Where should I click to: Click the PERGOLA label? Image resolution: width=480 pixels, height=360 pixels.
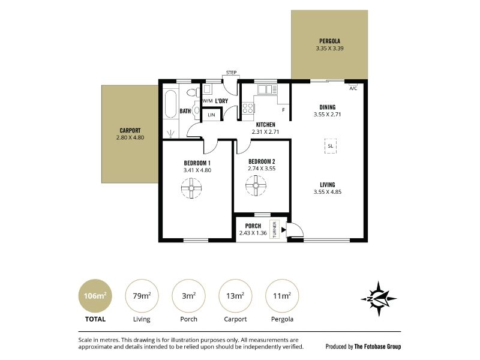tap(329, 41)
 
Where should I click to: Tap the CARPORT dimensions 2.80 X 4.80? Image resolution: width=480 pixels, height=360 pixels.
tap(130, 138)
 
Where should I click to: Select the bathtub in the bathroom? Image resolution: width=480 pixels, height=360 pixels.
tap(170, 103)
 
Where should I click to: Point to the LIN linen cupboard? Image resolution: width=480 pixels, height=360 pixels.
tap(211, 115)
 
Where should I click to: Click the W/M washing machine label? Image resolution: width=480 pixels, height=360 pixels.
tap(207, 101)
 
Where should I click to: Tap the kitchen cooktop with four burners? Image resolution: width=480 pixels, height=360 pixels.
tap(248, 109)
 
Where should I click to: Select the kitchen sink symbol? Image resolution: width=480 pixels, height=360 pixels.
tap(267, 89)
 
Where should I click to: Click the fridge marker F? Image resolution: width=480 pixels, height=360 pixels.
tap(283, 110)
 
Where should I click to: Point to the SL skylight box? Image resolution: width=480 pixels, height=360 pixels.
tap(331, 146)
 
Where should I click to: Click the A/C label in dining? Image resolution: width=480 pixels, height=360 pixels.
tap(353, 88)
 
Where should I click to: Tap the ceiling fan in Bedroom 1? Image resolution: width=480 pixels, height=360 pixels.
tap(191, 188)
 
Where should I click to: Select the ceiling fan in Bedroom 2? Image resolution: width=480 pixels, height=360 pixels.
tap(256, 185)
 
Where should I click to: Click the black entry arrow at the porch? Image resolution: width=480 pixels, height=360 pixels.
tap(283, 230)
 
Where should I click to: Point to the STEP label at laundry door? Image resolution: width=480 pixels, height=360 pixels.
tap(231, 73)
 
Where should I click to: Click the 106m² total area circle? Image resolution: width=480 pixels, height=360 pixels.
tap(95, 296)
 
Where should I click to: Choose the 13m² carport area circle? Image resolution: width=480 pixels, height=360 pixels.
tap(235, 296)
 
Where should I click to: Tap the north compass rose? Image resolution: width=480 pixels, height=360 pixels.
tap(379, 299)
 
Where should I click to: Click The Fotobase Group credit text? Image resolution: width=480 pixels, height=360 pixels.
tap(377, 347)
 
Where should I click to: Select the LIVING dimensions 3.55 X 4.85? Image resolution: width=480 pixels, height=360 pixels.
tap(327, 192)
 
